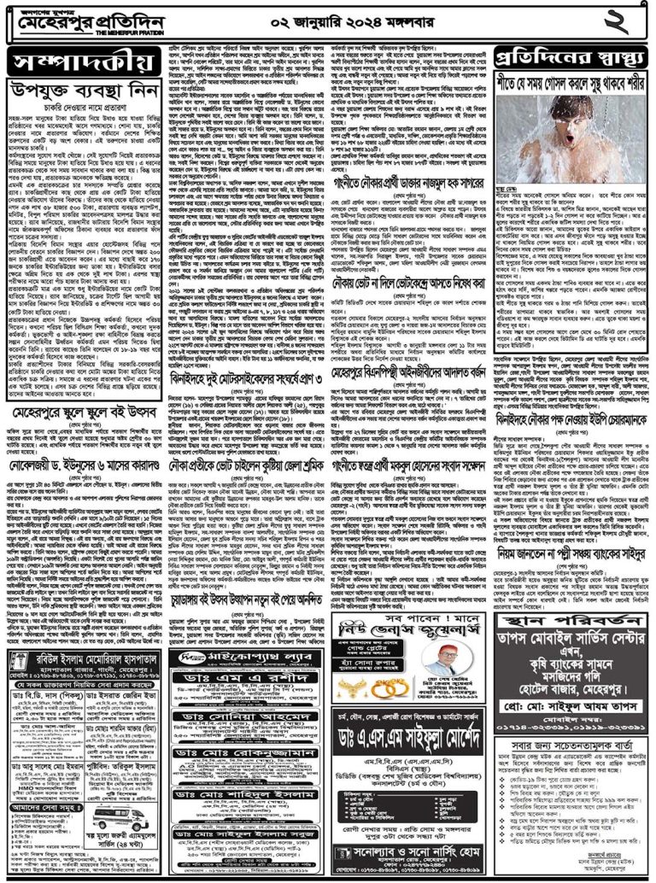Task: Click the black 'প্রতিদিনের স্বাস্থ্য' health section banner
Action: tap(568, 58)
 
